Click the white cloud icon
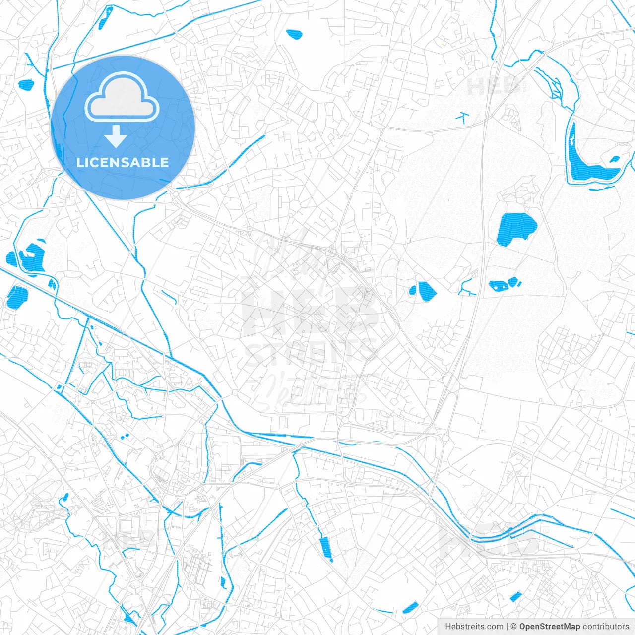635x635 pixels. (x=122, y=98)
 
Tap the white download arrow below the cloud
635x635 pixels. (x=116, y=136)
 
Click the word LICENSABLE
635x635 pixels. (x=123, y=162)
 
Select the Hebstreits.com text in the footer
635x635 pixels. (x=474, y=627)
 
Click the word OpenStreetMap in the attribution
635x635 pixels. (x=550, y=627)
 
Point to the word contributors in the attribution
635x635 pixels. (x=606, y=627)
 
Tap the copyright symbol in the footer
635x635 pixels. (x=514, y=627)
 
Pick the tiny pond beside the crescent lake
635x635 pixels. (x=615, y=159)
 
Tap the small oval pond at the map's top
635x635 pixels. (x=294, y=34)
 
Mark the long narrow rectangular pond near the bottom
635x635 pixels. (x=325, y=549)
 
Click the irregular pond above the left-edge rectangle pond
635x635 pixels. (x=31, y=257)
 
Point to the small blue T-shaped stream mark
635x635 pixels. (x=463, y=117)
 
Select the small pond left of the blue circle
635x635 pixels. (x=24, y=85)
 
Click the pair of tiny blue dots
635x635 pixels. (x=124, y=437)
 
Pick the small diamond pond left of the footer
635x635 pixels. (x=410, y=607)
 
